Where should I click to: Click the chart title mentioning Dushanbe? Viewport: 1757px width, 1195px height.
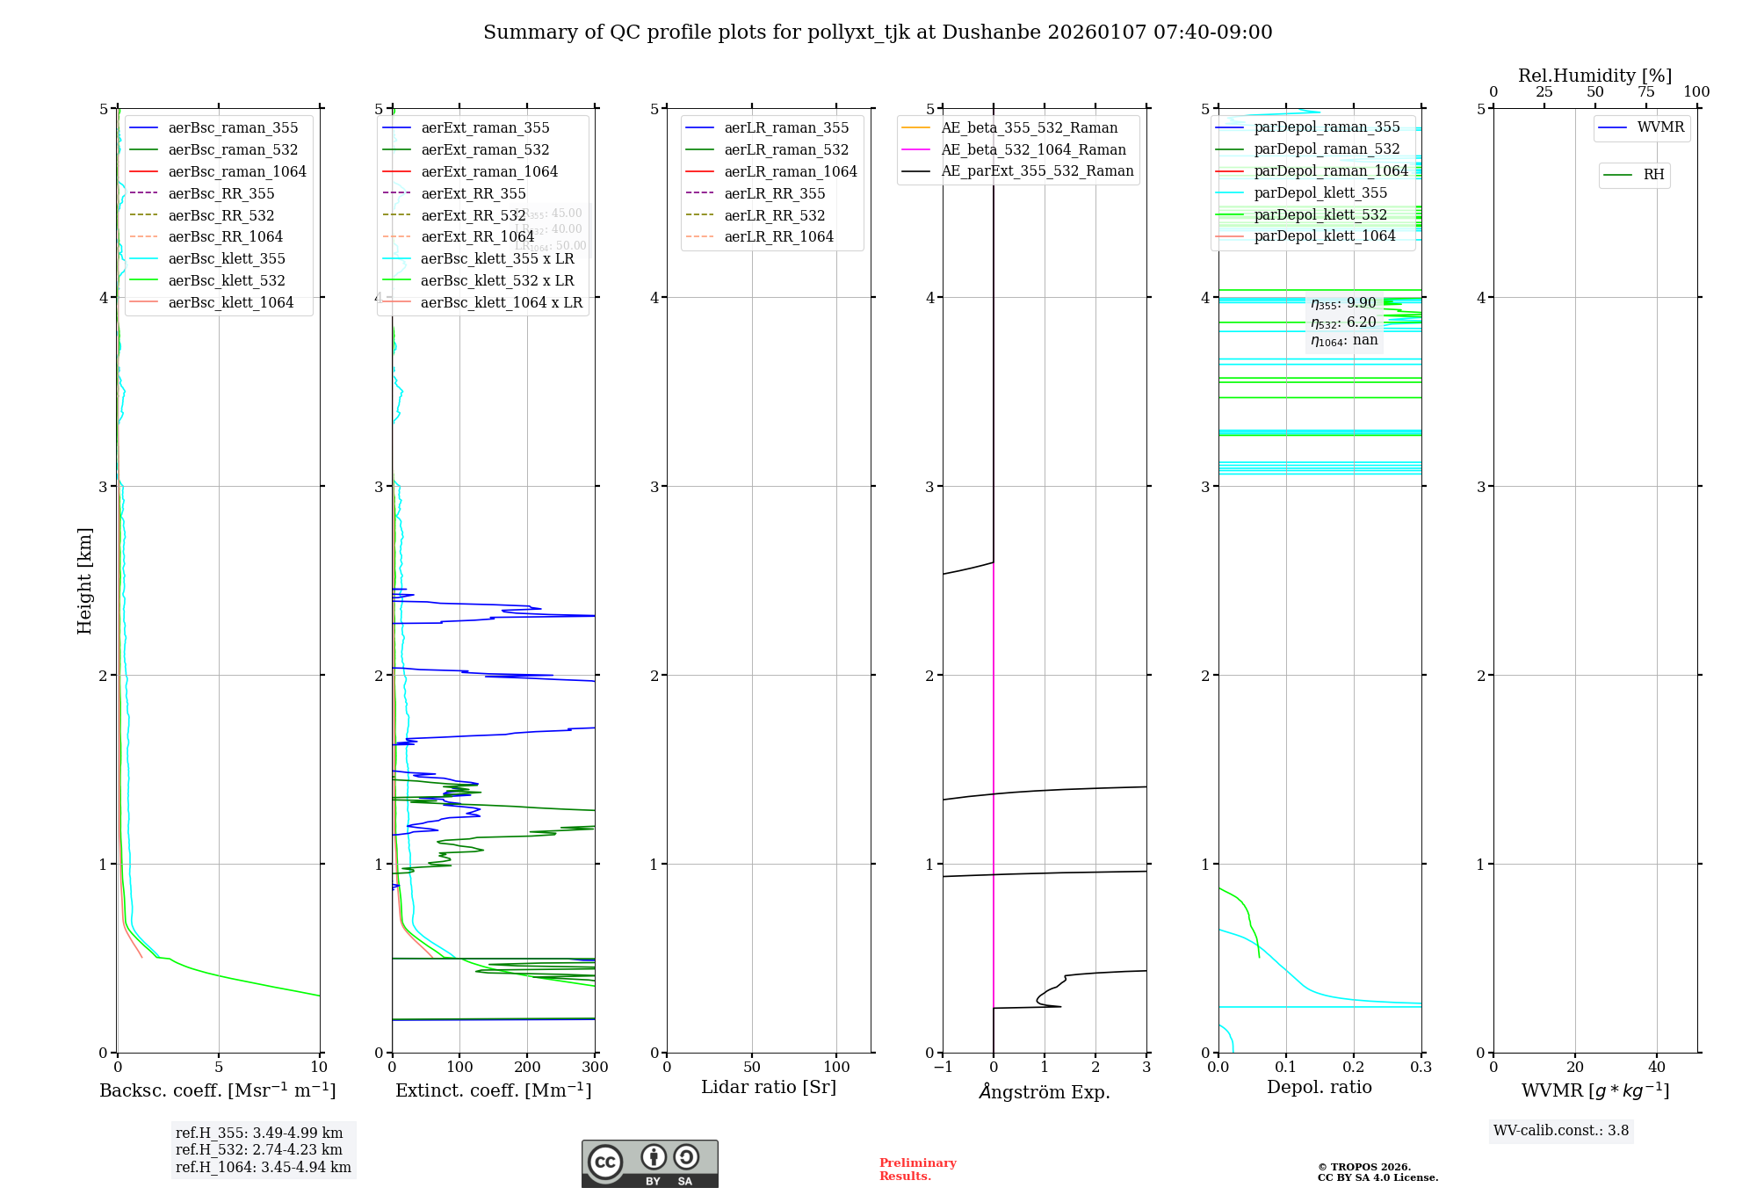[x=878, y=33]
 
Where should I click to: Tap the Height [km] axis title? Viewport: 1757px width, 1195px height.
[x=84, y=580]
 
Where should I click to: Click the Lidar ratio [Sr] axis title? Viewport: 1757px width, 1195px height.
[x=769, y=1087]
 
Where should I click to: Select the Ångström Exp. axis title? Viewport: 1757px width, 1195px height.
[x=1045, y=1091]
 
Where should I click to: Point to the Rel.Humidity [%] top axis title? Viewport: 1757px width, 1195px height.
[x=1594, y=76]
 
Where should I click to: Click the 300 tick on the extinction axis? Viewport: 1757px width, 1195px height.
[x=595, y=1067]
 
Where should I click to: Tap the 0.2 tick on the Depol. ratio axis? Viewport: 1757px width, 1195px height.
[x=1354, y=1067]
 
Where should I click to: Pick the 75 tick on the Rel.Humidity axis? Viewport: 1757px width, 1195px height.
[x=1645, y=92]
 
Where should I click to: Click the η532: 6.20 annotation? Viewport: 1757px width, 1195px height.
[x=1343, y=322]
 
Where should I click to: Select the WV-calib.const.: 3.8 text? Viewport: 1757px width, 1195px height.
[x=1561, y=1131]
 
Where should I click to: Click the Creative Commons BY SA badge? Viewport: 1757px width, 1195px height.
[x=649, y=1163]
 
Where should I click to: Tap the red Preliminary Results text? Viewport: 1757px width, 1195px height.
[x=917, y=1170]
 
